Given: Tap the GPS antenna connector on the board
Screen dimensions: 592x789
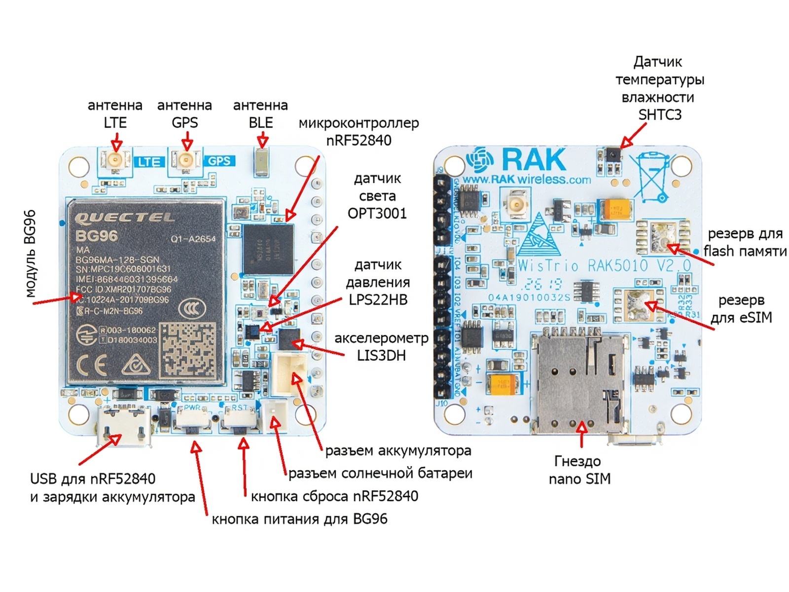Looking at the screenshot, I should point(186,160).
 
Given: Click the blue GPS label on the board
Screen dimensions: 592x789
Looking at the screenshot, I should point(219,161).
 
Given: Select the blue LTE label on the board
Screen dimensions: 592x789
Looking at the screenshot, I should point(148,162).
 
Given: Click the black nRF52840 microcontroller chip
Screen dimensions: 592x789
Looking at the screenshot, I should point(267,249).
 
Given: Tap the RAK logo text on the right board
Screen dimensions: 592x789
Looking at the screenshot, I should point(534,159).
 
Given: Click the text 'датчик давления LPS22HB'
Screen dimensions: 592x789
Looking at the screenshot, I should point(378,282).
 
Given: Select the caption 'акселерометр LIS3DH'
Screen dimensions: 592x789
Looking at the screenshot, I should point(381,347).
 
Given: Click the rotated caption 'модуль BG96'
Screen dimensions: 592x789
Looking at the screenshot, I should point(30,254).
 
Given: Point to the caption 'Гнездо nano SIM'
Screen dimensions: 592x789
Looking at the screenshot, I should point(579,470).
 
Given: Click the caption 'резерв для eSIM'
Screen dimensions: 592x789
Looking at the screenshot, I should point(741,309).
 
